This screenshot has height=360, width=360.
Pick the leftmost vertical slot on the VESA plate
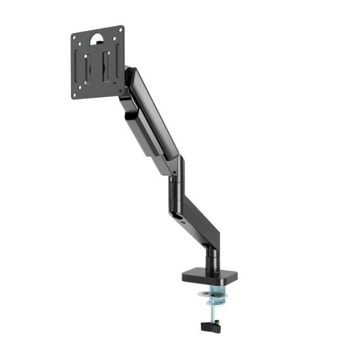(79, 67)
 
